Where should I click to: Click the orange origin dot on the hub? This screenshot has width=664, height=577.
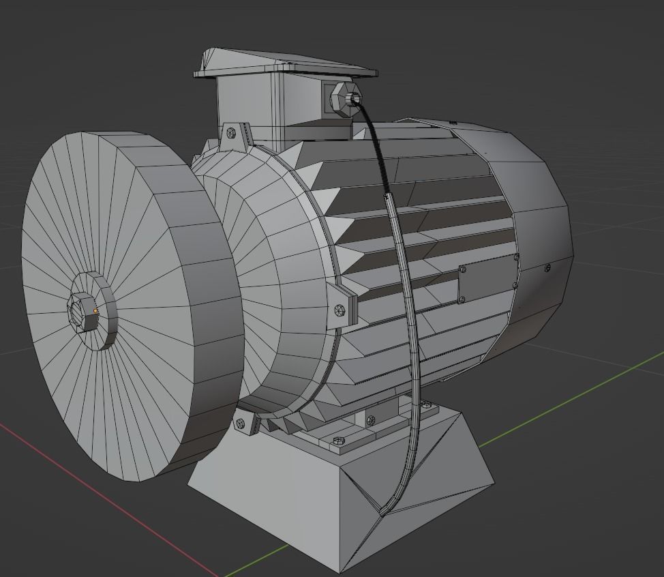[x=95, y=311]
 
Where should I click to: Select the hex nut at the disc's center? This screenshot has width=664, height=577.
[x=82, y=312]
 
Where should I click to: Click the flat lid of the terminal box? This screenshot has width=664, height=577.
[x=286, y=65]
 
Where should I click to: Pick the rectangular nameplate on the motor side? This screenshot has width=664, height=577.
[x=487, y=278]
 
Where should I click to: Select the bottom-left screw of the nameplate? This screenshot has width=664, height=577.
[x=463, y=299]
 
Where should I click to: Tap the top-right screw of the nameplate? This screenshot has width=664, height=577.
[x=516, y=257]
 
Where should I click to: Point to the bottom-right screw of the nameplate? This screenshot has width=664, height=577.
[x=514, y=286]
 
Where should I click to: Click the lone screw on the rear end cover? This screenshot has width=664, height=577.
[x=547, y=267]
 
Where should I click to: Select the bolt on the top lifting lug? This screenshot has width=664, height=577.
[x=231, y=132]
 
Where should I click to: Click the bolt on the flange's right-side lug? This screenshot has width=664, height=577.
[x=341, y=310]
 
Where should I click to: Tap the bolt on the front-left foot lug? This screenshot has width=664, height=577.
[x=240, y=424]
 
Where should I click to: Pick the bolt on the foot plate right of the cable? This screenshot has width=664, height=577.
[x=427, y=404]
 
